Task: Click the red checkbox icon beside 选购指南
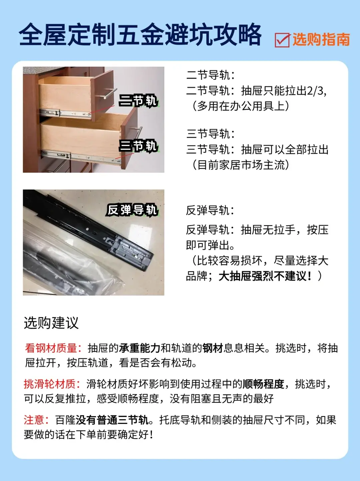click(282, 40)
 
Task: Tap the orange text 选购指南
click(321, 40)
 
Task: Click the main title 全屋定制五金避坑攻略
click(140, 35)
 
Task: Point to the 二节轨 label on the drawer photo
click(138, 101)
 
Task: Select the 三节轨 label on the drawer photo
click(138, 146)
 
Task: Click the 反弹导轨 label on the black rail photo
click(132, 210)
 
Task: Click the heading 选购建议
click(51, 323)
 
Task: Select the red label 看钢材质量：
click(53, 348)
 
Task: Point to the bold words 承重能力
click(140, 348)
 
